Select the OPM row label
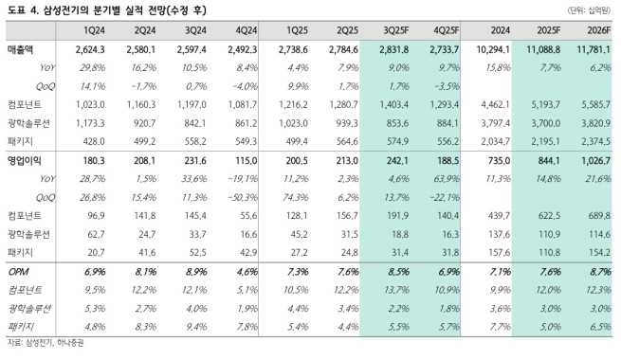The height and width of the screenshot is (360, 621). [18, 273]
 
